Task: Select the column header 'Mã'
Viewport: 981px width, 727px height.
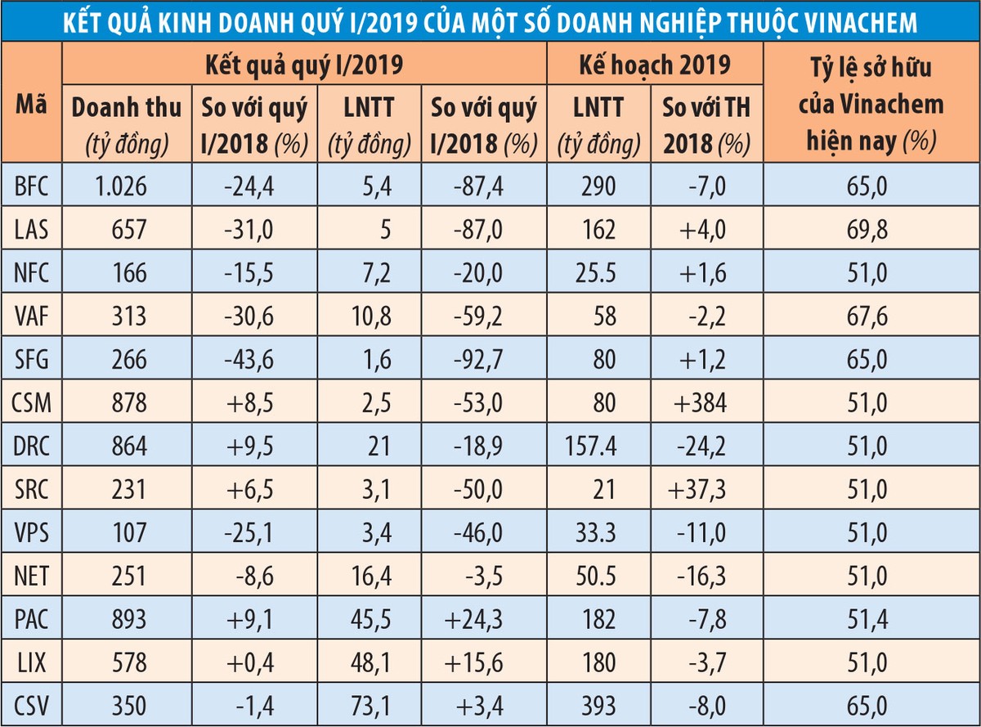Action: (31, 104)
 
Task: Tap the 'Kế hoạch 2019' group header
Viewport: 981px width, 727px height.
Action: (655, 64)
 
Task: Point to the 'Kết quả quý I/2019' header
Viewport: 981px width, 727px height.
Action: (304, 64)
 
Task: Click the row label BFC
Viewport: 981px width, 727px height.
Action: (31, 187)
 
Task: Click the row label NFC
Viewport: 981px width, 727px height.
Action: (31, 273)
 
